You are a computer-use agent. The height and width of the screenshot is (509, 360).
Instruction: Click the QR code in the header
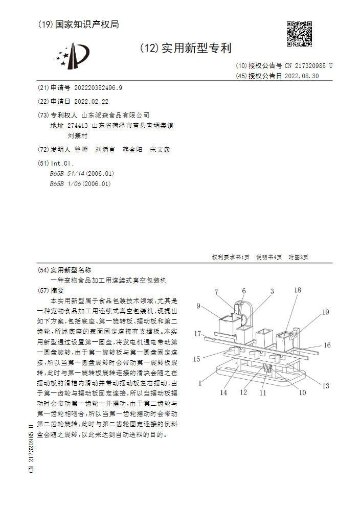[x=299, y=34]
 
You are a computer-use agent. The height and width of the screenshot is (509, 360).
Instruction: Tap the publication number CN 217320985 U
[x=308, y=66]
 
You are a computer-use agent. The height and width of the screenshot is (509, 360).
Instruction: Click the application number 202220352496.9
[x=98, y=87]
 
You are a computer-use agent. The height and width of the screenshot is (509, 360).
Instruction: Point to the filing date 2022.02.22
[x=91, y=101]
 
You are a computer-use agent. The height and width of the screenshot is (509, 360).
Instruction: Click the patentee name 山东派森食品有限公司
[x=116, y=115]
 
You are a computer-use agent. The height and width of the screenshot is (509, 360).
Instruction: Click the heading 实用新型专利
[x=196, y=49]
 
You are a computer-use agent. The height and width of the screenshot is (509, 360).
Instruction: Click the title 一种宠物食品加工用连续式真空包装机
[x=108, y=281]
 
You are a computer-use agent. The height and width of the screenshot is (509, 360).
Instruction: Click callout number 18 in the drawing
[x=298, y=290]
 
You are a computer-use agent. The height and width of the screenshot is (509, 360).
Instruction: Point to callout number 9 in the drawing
[x=198, y=307]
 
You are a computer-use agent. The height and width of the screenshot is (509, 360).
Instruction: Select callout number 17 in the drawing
[x=197, y=334]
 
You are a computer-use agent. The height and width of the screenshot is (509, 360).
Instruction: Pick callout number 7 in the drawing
[x=216, y=292]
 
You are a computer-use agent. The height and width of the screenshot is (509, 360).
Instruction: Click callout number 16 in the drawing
[x=327, y=345]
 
